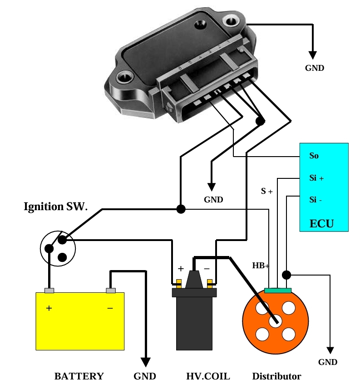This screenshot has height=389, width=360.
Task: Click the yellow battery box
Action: [x=80, y=321]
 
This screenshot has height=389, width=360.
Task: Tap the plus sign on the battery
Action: [x=49, y=308]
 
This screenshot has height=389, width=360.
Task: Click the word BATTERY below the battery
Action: [x=79, y=376]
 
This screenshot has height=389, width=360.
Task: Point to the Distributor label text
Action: [x=276, y=376]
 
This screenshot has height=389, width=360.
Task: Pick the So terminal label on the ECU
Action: [x=314, y=156]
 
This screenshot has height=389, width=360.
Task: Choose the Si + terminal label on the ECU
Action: [x=316, y=178]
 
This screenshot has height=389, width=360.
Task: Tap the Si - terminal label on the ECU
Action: [x=316, y=200]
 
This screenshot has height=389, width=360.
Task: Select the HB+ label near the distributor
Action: [x=261, y=265]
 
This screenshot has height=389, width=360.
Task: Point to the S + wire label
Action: [x=266, y=192]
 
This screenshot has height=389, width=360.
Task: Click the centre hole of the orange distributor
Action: [x=274, y=320]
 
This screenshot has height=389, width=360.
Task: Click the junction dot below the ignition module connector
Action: [x=260, y=121]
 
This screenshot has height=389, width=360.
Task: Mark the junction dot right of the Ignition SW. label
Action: [x=181, y=209]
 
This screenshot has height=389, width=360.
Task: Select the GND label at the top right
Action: [x=314, y=68]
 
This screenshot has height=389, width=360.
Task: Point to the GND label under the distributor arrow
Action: [x=328, y=362]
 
